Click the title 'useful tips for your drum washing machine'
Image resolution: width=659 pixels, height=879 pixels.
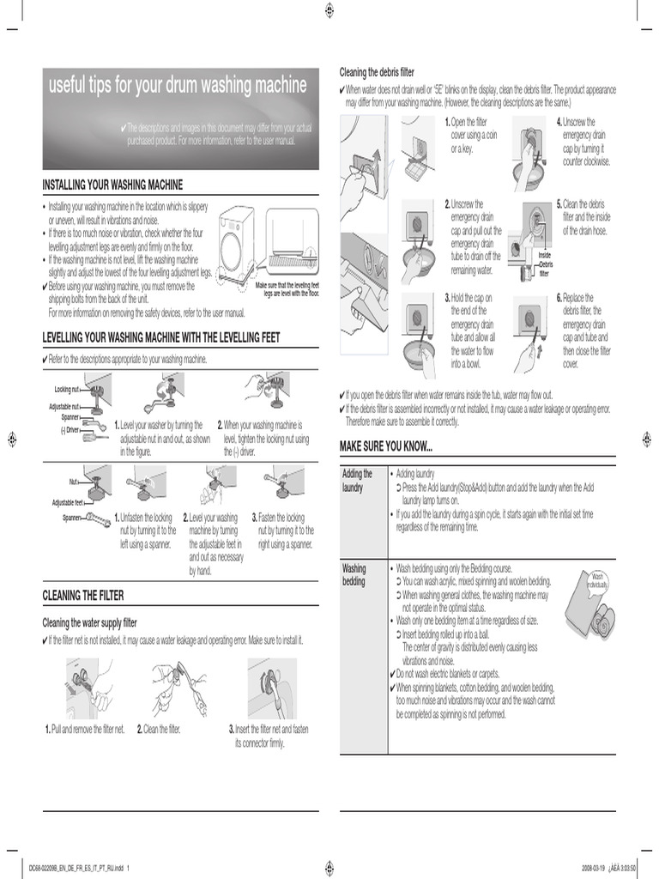tap(178, 86)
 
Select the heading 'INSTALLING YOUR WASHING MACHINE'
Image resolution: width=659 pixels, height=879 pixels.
tap(112, 185)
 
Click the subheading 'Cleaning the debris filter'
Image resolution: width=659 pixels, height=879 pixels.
tap(377, 73)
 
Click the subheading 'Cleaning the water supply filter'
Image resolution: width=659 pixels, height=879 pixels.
tap(90, 623)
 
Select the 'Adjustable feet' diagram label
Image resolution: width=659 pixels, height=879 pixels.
tap(68, 503)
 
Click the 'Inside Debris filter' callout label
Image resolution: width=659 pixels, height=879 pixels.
tap(545, 264)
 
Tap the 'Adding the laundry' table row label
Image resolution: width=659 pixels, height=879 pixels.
tap(357, 480)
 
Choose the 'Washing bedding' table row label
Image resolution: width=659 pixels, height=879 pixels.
tap(354, 574)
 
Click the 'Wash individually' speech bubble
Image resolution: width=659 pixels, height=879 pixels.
tap(598, 580)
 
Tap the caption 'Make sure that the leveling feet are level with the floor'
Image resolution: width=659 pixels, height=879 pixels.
tap(287, 289)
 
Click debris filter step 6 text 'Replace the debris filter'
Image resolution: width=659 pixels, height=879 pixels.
tap(584, 330)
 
